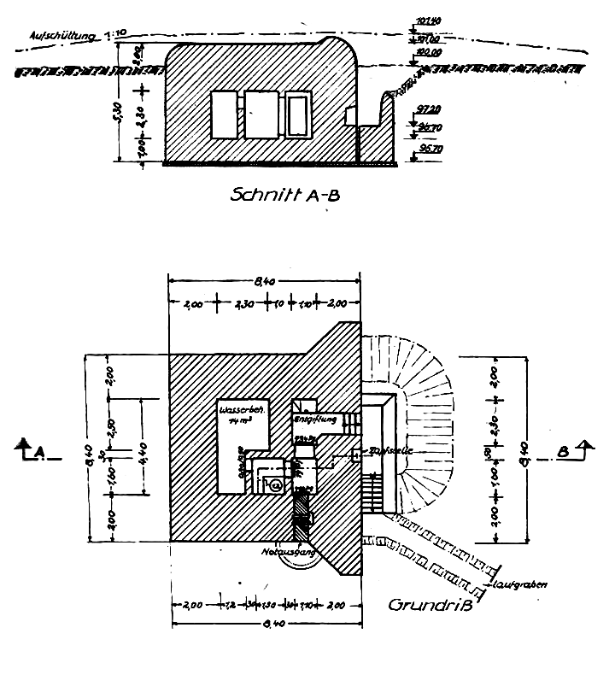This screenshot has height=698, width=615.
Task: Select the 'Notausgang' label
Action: click(290, 552)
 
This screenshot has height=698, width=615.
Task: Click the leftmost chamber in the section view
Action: click(225, 115)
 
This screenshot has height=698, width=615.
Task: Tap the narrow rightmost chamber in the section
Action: click(297, 116)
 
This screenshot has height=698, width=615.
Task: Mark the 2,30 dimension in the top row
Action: click(243, 302)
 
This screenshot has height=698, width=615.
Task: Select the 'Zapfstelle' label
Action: click(384, 451)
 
